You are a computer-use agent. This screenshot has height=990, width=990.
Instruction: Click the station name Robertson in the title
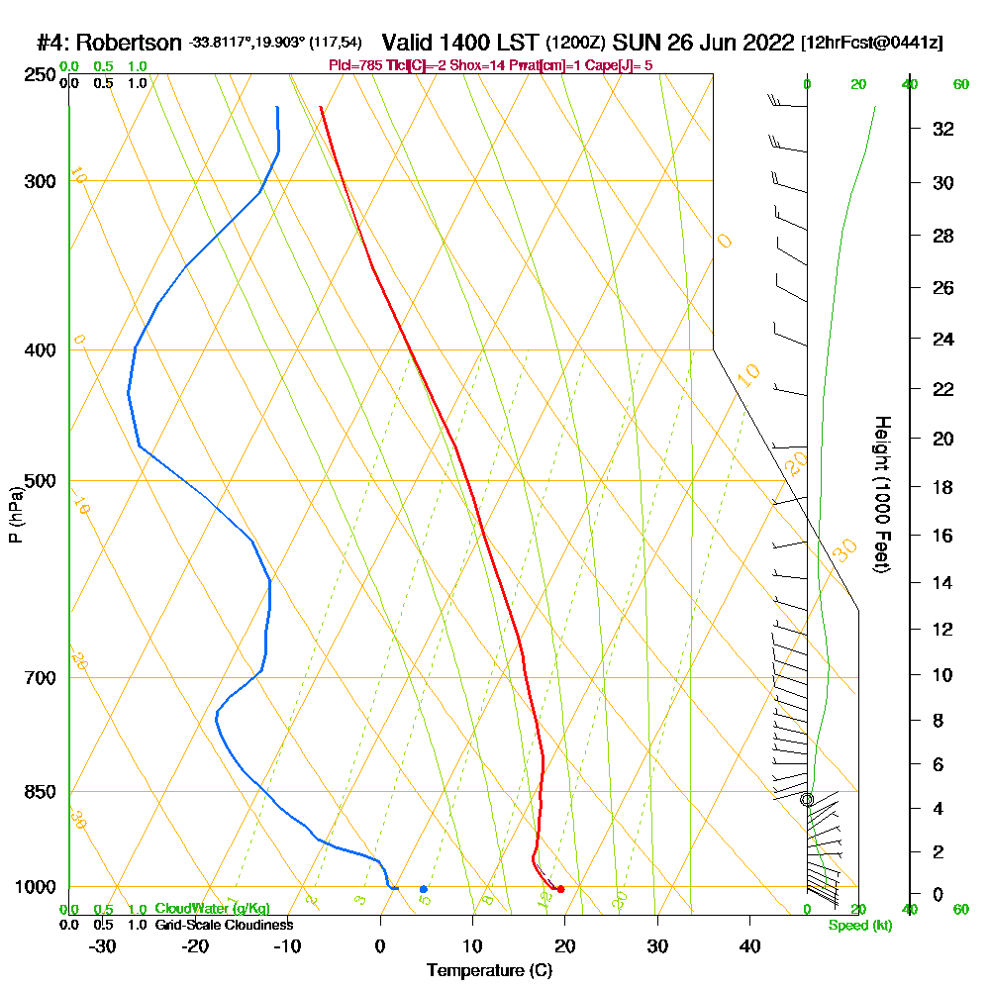pyautogui.click(x=129, y=44)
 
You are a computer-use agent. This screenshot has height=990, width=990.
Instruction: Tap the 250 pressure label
pyautogui.click(x=36, y=75)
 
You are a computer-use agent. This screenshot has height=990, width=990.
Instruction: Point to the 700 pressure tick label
pyautogui.click(x=36, y=678)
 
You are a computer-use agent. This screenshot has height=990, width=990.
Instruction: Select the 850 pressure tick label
pyautogui.click(x=36, y=792)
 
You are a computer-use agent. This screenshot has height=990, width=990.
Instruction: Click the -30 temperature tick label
pyautogui.click(x=103, y=946)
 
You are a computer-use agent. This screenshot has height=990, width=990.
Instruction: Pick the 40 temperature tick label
pyautogui.click(x=749, y=946)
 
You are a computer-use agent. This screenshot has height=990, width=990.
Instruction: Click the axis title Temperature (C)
pyautogui.click(x=489, y=971)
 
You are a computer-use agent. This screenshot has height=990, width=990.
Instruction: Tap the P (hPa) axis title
pyautogui.click(x=15, y=515)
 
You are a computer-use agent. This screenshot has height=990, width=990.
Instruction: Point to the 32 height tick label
pyautogui.click(x=942, y=129)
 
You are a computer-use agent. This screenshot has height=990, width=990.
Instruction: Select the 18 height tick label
pyautogui.click(x=942, y=487)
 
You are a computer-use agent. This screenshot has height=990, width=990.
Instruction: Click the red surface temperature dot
pyautogui.click(x=560, y=889)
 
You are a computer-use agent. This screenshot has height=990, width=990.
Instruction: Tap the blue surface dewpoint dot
pyautogui.click(x=423, y=889)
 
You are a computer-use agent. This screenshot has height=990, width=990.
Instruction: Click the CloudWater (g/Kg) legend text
pyautogui.click(x=212, y=909)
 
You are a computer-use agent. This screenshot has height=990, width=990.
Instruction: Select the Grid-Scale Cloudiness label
pyautogui.click(x=224, y=925)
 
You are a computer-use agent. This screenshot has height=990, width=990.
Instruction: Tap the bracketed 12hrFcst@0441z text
pyautogui.click(x=871, y=44)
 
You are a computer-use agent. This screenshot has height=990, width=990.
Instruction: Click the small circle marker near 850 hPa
pyautogui.click(x=806, y=799)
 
